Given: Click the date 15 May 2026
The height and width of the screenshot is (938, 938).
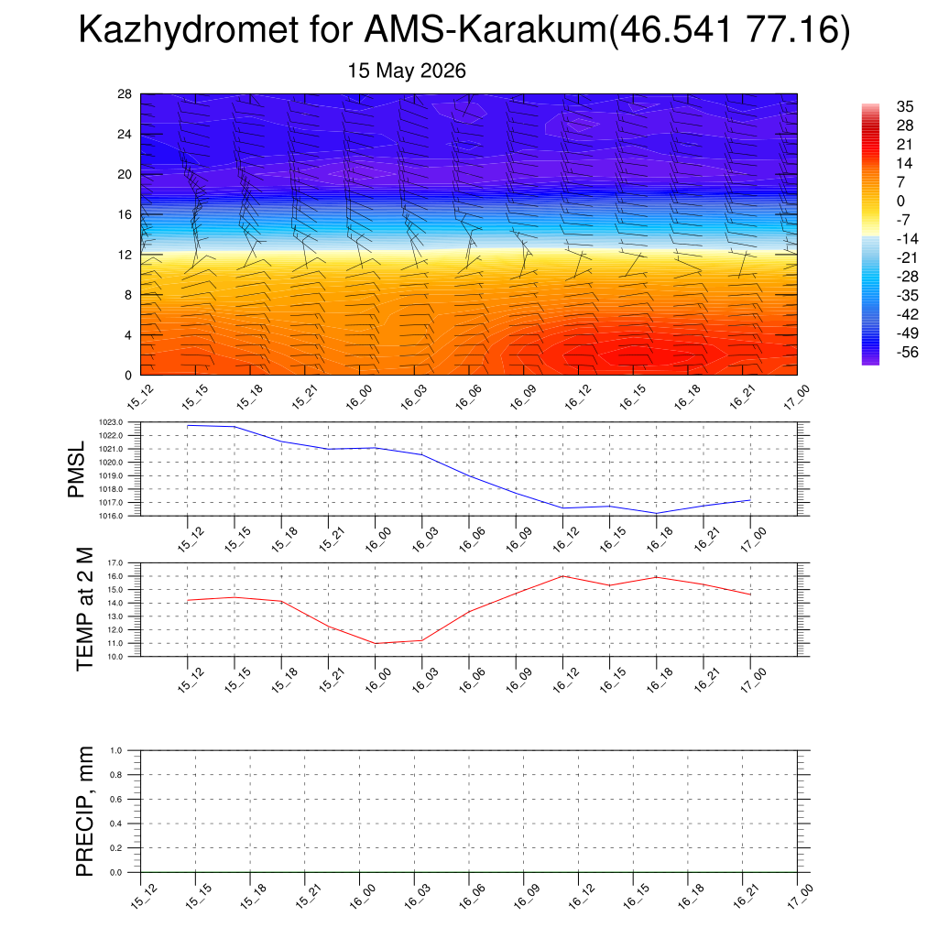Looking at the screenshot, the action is coord(407,71).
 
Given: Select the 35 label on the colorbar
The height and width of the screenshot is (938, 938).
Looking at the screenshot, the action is coord(905,106).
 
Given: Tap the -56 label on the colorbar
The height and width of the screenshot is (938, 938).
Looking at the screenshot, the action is coord(907,352).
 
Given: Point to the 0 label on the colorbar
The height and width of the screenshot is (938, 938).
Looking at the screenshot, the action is coord(901,201).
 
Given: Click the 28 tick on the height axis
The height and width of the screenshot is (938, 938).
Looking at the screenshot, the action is coord(125,94).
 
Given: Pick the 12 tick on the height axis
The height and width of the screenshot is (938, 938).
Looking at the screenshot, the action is coord(125,255).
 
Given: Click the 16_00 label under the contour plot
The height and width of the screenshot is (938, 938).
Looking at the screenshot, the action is coord(359,397).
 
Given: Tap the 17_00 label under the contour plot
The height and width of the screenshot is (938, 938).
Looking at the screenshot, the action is coord(797,397).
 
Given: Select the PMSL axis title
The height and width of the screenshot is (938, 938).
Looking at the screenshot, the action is coord(77,470).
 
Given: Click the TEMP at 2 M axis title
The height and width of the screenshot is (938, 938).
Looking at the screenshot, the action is coord(85,609).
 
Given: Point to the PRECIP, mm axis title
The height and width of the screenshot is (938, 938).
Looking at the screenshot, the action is coord(85,812).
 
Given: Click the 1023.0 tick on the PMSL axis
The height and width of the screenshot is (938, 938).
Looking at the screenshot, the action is coord(111,422).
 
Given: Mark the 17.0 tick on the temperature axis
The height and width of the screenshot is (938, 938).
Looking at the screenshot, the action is coord(115,563).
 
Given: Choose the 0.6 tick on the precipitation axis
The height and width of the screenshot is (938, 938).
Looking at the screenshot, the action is coord(116,799).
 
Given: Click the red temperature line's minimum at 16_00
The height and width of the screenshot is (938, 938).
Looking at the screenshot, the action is coord(375,644).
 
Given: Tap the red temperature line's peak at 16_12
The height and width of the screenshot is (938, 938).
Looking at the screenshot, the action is coord(563,576).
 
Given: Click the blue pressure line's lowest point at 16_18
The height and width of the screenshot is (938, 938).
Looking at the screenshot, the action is coord(656,513).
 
